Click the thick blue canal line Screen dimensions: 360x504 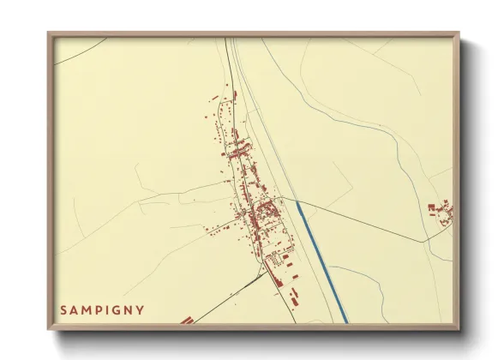click(x=322, y=262)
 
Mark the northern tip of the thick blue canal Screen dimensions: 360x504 click(x=297, y=203)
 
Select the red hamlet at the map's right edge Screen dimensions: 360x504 click(x=442, y=213)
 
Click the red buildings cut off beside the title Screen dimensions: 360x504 click(x=187, y=321)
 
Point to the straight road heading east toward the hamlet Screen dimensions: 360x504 click(x=369, y=222)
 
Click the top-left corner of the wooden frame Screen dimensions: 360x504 click(x=49, y=34)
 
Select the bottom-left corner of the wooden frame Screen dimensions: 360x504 click(x=49, y=328)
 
